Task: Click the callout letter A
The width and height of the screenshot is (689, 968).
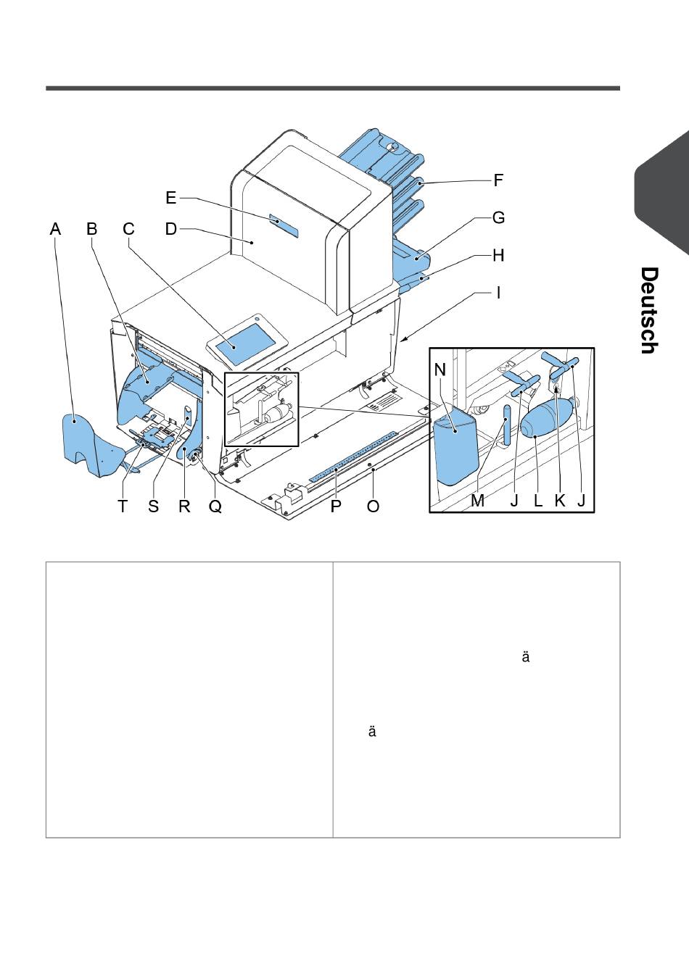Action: pos(55,229)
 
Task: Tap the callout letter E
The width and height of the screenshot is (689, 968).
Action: pos(171,198)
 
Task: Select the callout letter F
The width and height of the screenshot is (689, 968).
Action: pos(498,180)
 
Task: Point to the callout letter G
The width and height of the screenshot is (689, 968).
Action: pos(499,217)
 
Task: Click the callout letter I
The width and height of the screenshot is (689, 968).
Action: pos(499,293)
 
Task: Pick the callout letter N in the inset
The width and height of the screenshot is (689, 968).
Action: pos(440,370)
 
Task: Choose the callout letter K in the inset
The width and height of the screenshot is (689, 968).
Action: pos(560,501)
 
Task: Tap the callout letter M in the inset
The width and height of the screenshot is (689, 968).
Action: pos(477,501)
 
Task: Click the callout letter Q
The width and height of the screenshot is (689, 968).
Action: pos(215,506)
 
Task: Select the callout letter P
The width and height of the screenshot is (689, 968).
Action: pos(336,506)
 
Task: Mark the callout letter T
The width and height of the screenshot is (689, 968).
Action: pos(123,506)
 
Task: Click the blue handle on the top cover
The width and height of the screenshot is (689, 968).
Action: pos(284,225)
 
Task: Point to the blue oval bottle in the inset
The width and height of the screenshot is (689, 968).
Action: pos(547,417)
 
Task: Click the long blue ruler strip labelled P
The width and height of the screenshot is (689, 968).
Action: pos(353,456)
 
